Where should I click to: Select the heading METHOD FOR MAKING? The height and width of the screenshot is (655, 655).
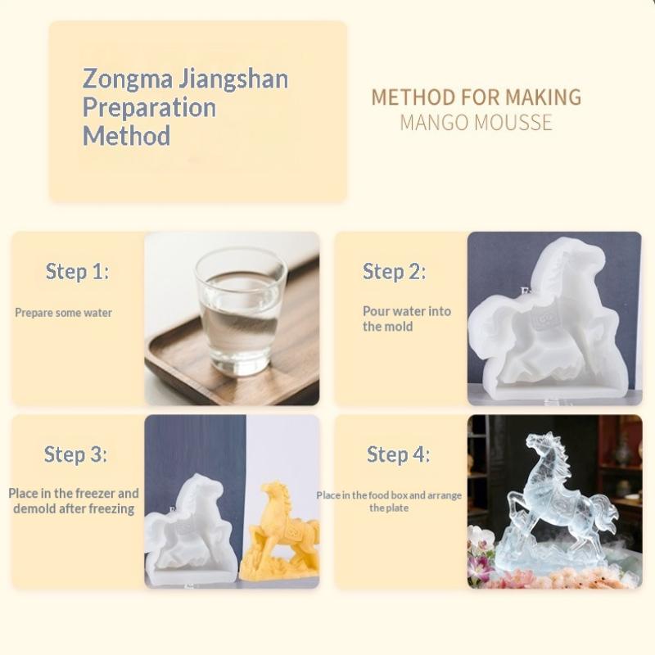476,97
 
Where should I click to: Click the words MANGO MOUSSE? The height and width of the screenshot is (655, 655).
476,123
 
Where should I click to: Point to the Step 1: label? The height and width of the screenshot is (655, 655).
77,272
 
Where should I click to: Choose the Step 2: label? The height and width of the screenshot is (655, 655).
394,272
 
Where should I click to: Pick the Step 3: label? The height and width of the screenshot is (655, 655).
75,454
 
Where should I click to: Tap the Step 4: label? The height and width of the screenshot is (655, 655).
398,454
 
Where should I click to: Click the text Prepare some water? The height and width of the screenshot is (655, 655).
63,313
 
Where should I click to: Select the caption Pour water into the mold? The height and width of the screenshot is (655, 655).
406,318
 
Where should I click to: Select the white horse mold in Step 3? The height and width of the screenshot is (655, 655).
190,528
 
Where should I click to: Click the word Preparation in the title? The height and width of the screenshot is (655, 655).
149,107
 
